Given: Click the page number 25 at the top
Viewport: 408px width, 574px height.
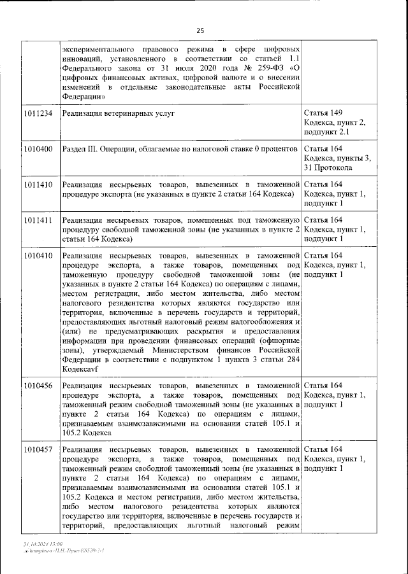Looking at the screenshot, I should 200,31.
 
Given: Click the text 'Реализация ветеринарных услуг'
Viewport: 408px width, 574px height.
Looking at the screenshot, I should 118,113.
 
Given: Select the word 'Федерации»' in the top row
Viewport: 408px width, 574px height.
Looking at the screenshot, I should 84,95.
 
